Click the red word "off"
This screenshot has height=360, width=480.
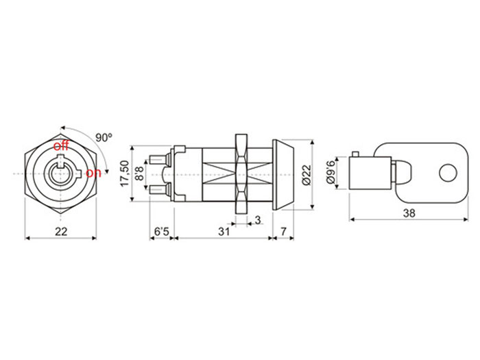coord(61,145)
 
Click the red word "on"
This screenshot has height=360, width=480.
coord(94,173)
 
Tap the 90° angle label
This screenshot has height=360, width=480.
coord(104,137)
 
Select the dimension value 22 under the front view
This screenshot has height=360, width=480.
coord(61,232)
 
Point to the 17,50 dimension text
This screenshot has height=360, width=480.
coord(124,173)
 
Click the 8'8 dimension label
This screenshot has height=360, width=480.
coord(139,173)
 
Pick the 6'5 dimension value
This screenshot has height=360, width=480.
coord(162,232)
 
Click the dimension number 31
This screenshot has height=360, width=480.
coord(224,232)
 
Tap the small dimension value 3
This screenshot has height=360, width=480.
coord(257,220)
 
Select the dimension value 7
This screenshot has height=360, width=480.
coord(284,232)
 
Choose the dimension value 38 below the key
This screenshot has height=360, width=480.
coord(409,213)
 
